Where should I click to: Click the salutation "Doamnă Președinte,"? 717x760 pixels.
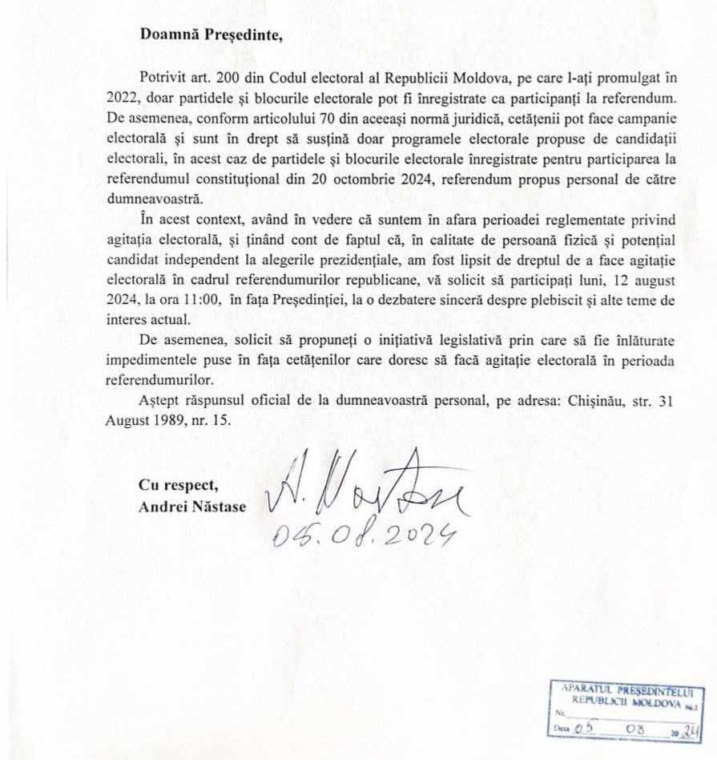[x=211, y=34]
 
